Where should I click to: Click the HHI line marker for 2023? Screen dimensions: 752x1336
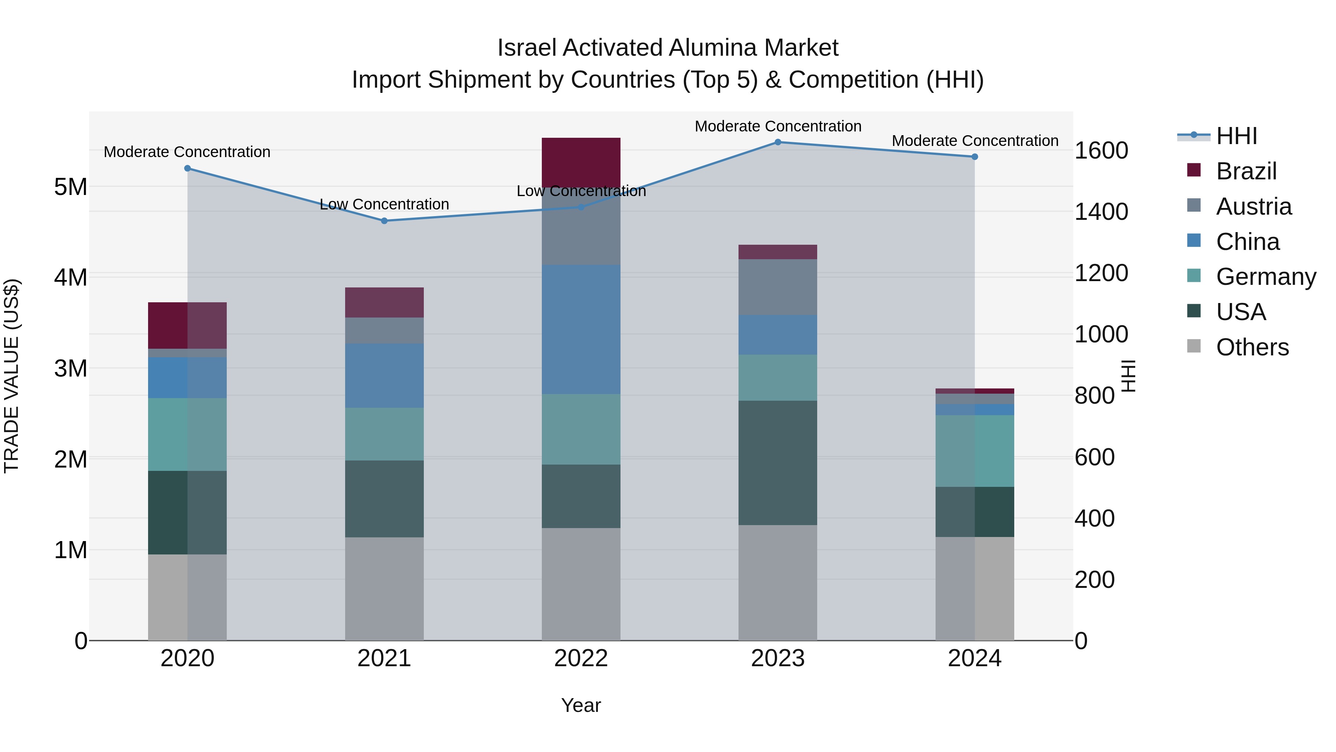tap(777, 142)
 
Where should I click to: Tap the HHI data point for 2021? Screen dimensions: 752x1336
tap(384, 221)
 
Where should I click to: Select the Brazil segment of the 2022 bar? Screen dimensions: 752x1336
tap(581, 162)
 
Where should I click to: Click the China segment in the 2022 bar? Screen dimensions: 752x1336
tap(581, 329)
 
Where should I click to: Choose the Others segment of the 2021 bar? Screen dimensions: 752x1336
tap(384, 589)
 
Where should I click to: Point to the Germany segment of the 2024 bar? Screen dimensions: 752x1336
tap(975, 450)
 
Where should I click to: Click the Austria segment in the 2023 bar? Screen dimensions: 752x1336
tap(777, 287)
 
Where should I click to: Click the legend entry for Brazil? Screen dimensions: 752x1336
tap(1246, 171)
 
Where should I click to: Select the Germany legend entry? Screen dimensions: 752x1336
tap(1265, 277)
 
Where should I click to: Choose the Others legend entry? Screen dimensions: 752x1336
tap(1252, 347)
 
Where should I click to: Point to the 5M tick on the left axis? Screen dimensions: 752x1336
tap(71, 187)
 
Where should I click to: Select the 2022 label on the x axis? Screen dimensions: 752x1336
tap(581, 658)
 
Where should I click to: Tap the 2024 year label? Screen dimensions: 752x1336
tap(975, 658)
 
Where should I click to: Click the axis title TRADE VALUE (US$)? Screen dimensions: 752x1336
tap(12, 376)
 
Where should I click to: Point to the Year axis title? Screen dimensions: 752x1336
tap(581, 705)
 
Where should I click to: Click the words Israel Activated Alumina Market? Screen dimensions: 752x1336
tap(668, 48)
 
